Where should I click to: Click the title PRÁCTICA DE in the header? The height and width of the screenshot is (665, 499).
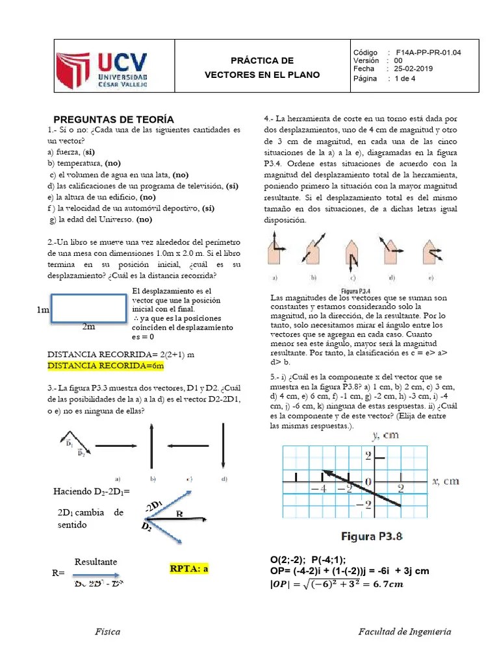click(x=262, y=60)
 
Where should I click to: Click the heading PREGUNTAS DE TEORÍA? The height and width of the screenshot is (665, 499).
click(x=113, y=119)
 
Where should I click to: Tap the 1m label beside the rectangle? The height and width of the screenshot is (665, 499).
click(x=44, y=311)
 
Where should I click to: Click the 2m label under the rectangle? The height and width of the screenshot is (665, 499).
click(x=89, y=327)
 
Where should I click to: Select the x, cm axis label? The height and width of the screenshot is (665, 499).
click(x=446, y=481)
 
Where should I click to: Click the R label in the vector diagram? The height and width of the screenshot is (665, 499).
click(x=179, y=514)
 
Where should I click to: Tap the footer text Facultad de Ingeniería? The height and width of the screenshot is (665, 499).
click(x=405, y=631)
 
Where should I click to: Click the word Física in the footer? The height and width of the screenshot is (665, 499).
click(x=107, y=631)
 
